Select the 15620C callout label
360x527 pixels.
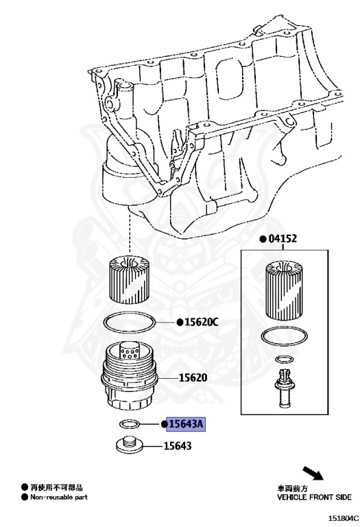(x=201, y=322)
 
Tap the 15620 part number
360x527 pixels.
(x=193, y=377)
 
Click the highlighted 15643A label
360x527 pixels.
(x=186, y=424)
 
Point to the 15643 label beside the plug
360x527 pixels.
(x=178, y=445)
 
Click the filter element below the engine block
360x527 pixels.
(x=130, y=280)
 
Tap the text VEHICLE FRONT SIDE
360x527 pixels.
(x=313, y=496)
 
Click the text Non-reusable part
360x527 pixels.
(x=58, y=496)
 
